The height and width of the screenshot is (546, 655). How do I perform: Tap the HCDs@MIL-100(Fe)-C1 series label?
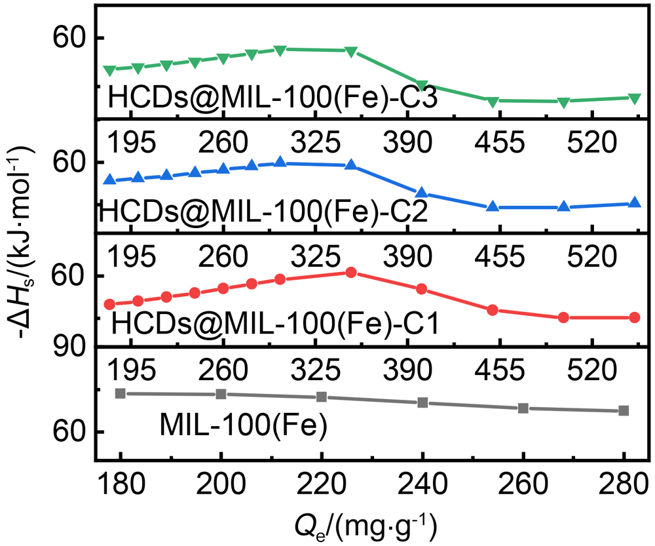[x=274, y=323]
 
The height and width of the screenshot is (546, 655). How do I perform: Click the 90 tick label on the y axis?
[x=65, y=347]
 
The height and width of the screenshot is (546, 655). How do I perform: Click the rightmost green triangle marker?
[x=634, y=98]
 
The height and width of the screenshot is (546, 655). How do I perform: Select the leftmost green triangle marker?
[x=109, y=70]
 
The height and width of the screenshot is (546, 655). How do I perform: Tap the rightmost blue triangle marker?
[x=634, y=203]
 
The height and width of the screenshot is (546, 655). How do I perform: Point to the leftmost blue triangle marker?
[x=109, y=179]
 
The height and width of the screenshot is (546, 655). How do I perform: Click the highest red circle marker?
[x=351, y=272]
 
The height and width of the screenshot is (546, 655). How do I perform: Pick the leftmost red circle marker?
[x=109, y=304]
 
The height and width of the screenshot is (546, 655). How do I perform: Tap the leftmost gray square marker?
[x=121, y=393]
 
